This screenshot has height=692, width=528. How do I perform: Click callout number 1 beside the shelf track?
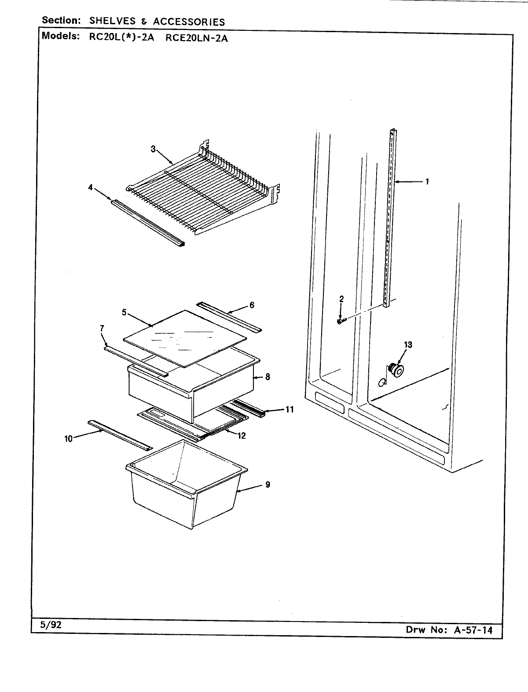[x=427, y=181]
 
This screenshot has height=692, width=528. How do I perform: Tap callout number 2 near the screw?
[x=341, y=299]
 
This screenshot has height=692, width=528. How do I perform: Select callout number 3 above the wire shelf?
[x=153, y=149]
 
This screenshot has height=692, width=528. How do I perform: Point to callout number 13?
[x=408, y=344]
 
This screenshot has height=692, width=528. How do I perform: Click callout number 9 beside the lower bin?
[x=268, y=485]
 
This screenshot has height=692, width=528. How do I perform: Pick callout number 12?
[x=242, y=436]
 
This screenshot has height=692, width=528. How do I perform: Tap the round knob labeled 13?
[x=396, y=371]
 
